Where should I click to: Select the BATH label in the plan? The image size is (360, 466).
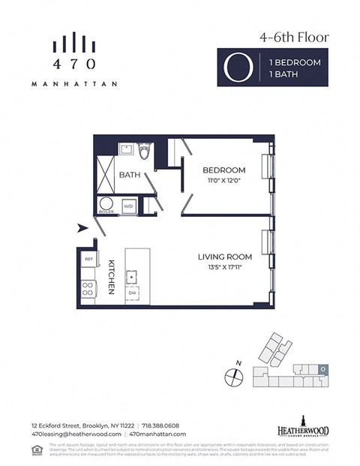(x=130, y=175)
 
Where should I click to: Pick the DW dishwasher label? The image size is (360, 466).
(x=132, y=293)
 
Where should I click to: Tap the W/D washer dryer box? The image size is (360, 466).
(x=129, y=205)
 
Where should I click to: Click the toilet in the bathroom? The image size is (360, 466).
(x=145, y=153)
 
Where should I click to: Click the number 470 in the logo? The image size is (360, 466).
(x=74, y=65)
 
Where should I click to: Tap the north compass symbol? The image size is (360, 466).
(x=233, y=374)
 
